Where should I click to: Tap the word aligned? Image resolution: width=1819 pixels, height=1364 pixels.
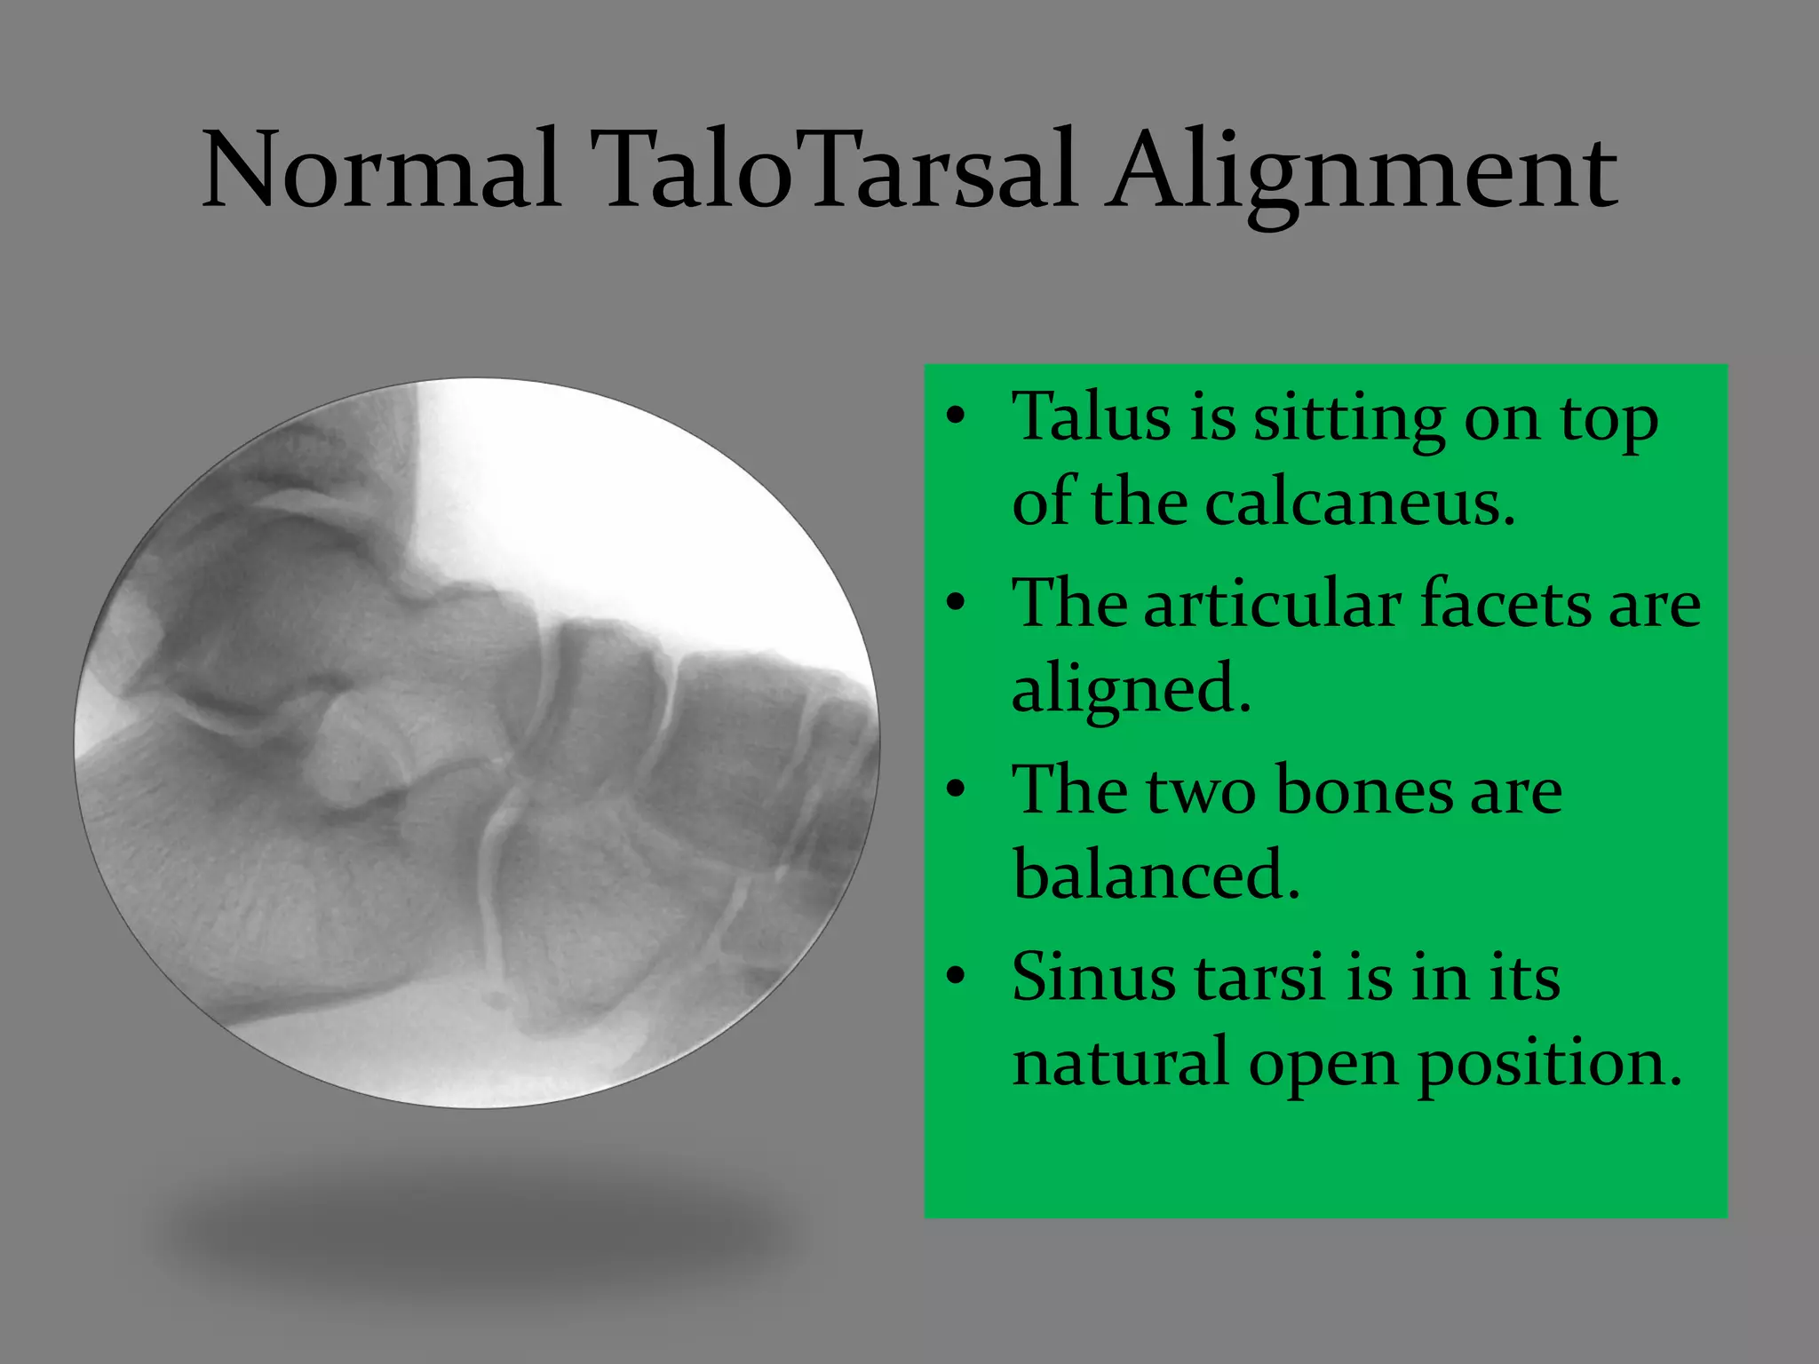pos(1131,689)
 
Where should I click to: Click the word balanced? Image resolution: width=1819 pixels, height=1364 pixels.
pos(1155,876)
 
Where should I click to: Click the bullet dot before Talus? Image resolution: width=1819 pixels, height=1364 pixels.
pos(955,416)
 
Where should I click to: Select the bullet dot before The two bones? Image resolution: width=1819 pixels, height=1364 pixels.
pos(955,790)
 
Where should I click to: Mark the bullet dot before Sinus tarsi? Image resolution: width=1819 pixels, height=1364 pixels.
pos(955,977)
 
